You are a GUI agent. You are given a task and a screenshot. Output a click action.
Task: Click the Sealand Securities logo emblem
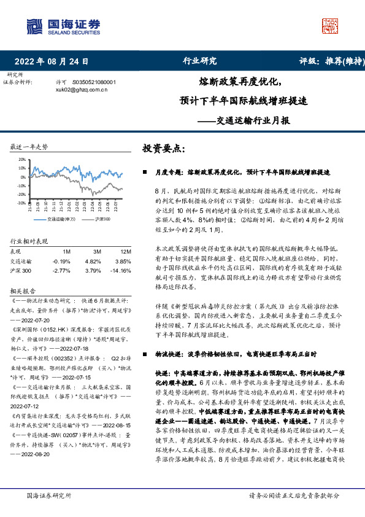point(34,26)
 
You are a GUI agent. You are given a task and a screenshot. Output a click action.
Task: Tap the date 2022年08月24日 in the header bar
point(51,61)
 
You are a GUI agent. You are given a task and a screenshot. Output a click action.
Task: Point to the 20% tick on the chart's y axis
point(22,159)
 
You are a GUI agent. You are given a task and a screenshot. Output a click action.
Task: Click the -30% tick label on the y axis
point(21,203)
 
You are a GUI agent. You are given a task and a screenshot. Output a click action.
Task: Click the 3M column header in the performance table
point(97,252)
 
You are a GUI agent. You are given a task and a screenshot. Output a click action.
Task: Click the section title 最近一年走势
point(29,147)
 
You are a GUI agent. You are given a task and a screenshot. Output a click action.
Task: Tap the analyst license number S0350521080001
point(93,82)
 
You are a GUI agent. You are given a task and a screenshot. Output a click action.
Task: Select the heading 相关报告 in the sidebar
point(23,290)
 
